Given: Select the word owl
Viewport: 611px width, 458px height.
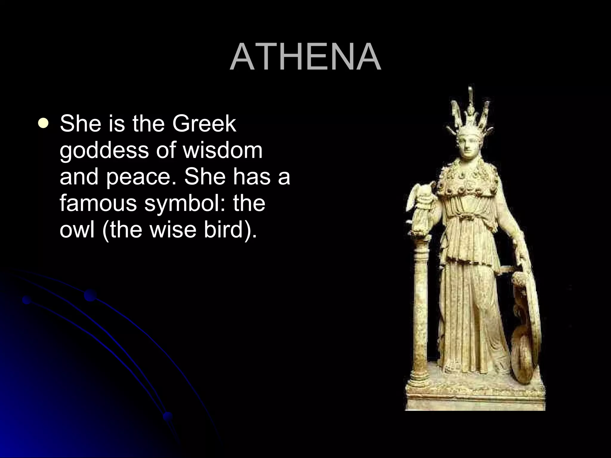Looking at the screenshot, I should pos(76,230).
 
